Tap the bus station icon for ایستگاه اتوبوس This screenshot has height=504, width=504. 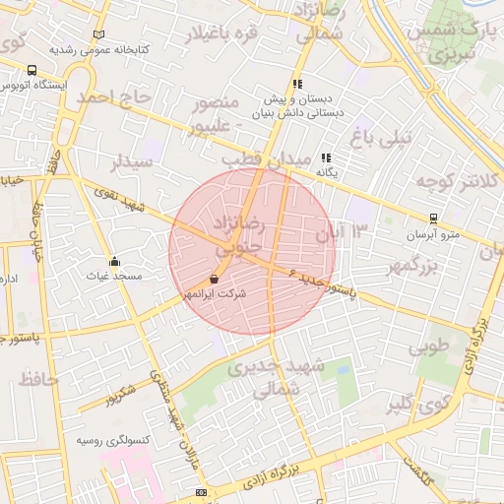click(x=32, y=71)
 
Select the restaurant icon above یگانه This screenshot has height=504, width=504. click(x=326, y=157)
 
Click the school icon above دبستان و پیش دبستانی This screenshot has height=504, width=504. click(x=296, y=85)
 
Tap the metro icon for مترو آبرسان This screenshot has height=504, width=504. click(x=433, y=219)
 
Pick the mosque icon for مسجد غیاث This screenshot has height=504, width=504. click(x=115, y=262)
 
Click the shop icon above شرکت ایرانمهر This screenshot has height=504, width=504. click(x=215, y=279)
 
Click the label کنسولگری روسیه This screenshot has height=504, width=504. click(x=113, y=440)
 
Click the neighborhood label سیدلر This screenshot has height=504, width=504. click(x=133, y=159)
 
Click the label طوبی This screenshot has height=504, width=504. click(x=428, y=346)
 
